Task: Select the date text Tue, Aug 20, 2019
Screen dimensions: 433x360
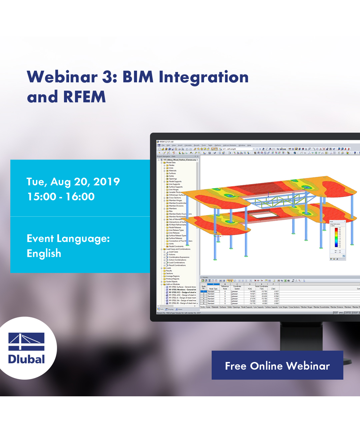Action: tap(73, 182)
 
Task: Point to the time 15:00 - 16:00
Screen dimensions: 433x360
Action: tap(61, 197)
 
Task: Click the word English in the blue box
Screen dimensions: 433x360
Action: tap(44, 253)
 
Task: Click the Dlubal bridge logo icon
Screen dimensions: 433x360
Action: tap(26, 342)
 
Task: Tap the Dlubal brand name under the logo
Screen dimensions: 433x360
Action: tap(26, 359)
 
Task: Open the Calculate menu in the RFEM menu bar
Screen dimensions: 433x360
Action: tap(188, 145)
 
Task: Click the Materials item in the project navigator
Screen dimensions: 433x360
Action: tap(172, 171)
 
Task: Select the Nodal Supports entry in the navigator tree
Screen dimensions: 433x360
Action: tap(175, 181)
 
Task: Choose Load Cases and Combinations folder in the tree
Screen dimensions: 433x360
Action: tap(178, 249)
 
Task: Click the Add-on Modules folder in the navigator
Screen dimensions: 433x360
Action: tap(173, 285)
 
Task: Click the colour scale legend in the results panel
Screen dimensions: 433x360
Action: tap(336, 239)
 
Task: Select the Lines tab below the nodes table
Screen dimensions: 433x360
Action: tap(208, 307)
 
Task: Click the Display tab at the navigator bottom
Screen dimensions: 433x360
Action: tap(170, 309)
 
